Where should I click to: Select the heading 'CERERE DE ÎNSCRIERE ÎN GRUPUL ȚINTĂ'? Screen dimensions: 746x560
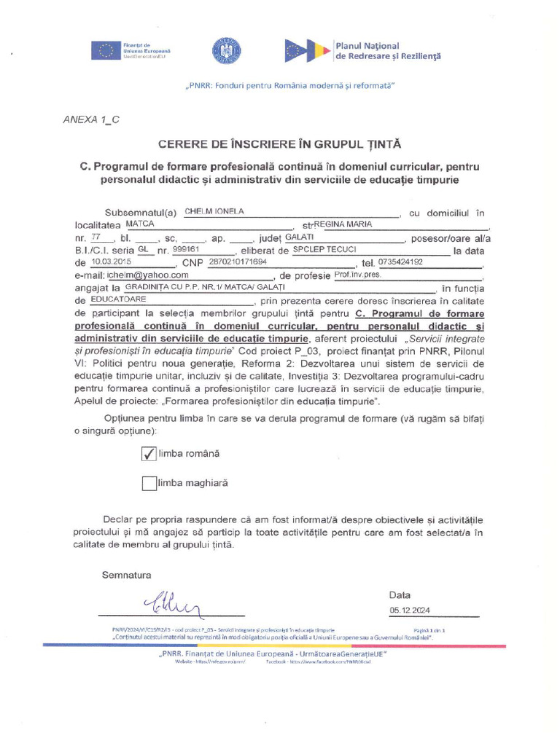point(279,144)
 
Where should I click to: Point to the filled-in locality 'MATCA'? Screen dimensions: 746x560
point(140,224)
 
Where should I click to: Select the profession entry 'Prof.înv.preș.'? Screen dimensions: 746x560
point(357,275)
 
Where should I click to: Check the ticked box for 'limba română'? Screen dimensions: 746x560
point(149,454)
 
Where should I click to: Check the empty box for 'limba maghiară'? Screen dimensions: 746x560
point(149,483)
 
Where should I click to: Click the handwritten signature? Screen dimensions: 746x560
point(175,602)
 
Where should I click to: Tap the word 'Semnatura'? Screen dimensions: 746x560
point(127,576)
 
